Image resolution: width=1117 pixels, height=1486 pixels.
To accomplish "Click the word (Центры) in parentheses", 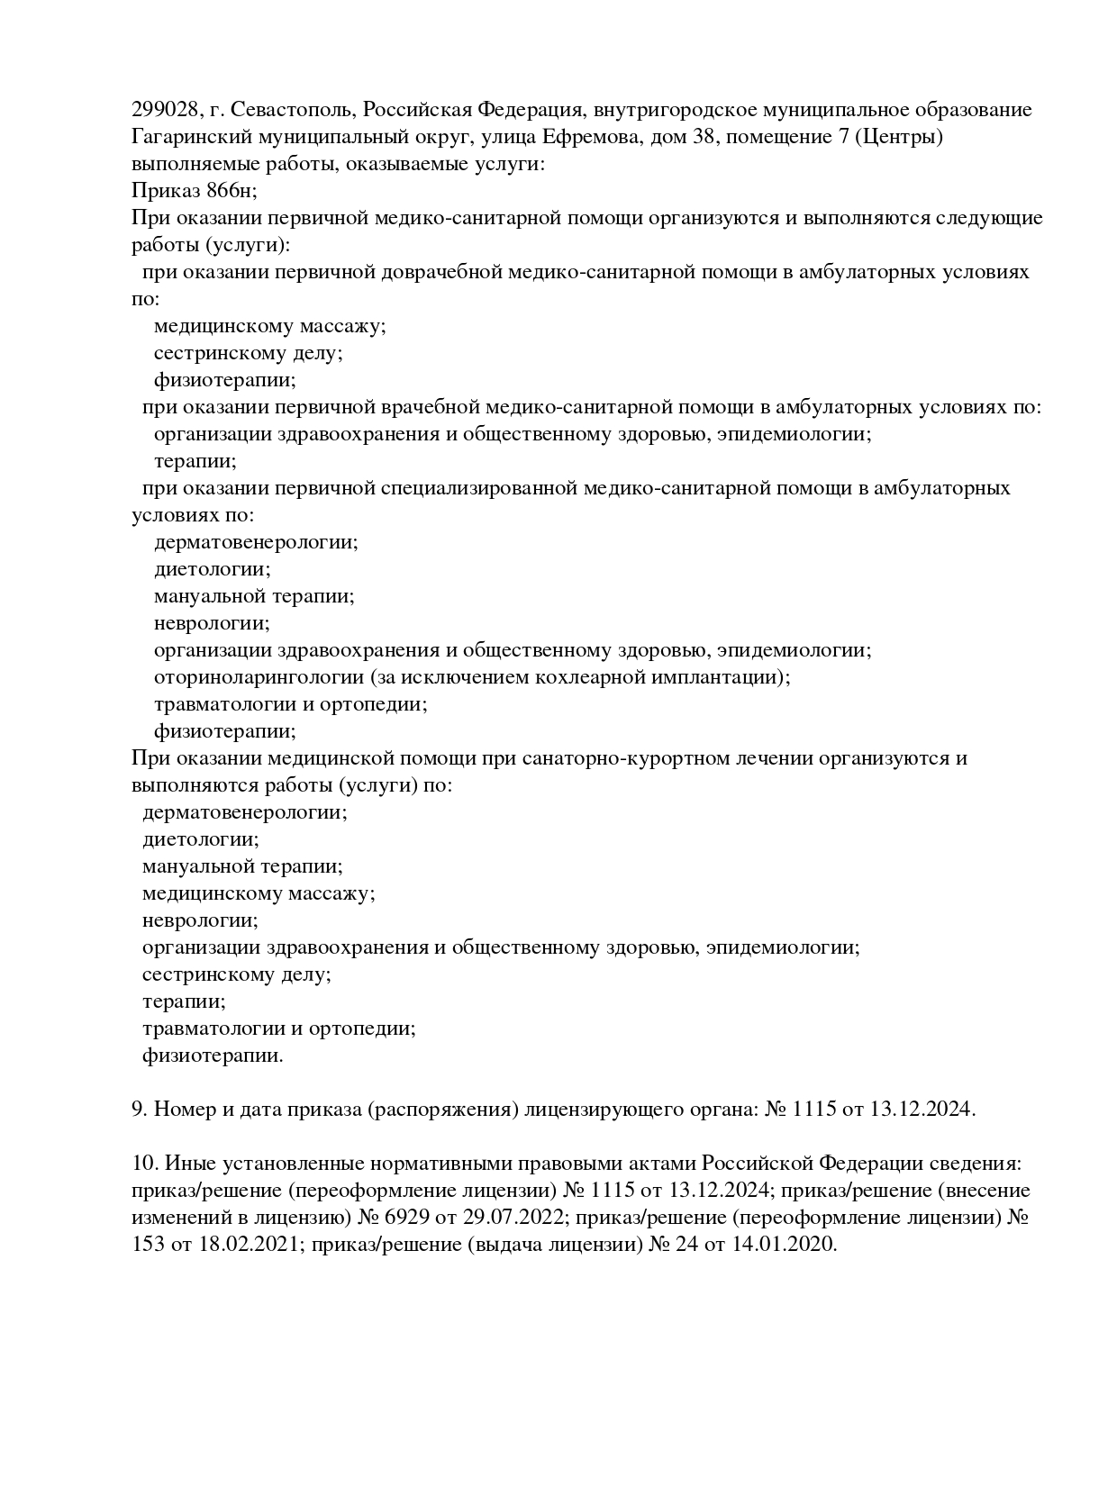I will (x=903, y=137).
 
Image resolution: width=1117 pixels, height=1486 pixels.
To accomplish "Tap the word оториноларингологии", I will (x=259, y=677).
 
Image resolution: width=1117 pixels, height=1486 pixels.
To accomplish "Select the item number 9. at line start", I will (x=140, y=1110).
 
